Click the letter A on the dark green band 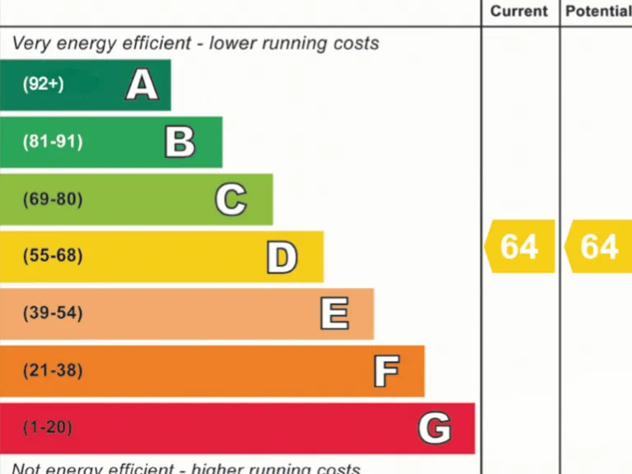[x=142, y=85]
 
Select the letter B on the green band [x=179, y=142]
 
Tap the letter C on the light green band [x=230, y=199]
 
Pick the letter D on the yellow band [x=281, y=257]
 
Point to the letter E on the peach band [x=333, y=314]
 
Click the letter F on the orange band [x=386, y=371]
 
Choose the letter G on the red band [x=434, y=428]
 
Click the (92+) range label [x=43, y=84]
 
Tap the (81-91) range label [x=53, y=142]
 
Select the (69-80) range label [x=53, y=199]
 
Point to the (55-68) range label [x=53, y=256]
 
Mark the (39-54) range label [x=53, y=314]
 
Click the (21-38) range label [x=53, y=370]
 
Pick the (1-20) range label [x=48, y=428]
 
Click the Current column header [x=518, y=12]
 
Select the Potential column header [x=598, y=12]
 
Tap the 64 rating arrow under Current [x=518, y=246]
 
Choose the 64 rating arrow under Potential [x=598, y=246]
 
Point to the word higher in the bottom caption [x=222, y=469]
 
